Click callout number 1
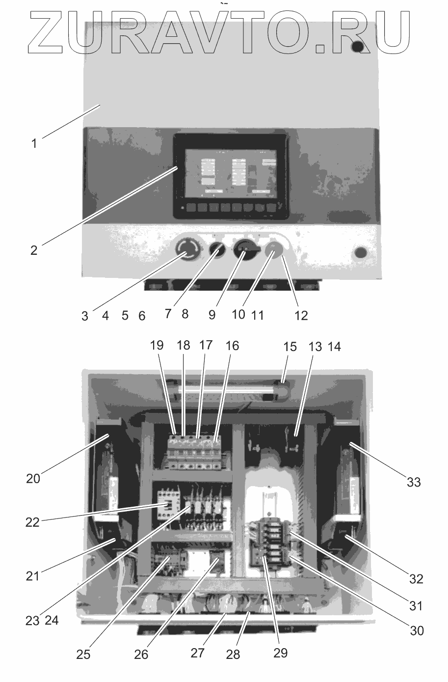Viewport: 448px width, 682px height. [x=34, y=144]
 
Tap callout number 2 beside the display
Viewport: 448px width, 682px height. [x=33, y=250]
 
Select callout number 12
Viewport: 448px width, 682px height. [x=301, y=315]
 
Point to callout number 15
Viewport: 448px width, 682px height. [x=290, y=347]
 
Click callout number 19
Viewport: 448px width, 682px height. [x=157, y=345]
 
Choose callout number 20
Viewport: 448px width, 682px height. [x=33, y=478]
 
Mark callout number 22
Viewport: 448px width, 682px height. [x=32, y=522]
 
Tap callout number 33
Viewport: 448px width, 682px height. [x=414, y=482]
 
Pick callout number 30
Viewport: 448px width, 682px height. [x=417, y=629]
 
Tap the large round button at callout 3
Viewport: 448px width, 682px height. [x=186, y=250]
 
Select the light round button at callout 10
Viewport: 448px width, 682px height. [x=274, y=251]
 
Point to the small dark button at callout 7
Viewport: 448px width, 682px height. [x=216, y=251]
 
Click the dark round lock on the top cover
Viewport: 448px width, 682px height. [x=358, y=47]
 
